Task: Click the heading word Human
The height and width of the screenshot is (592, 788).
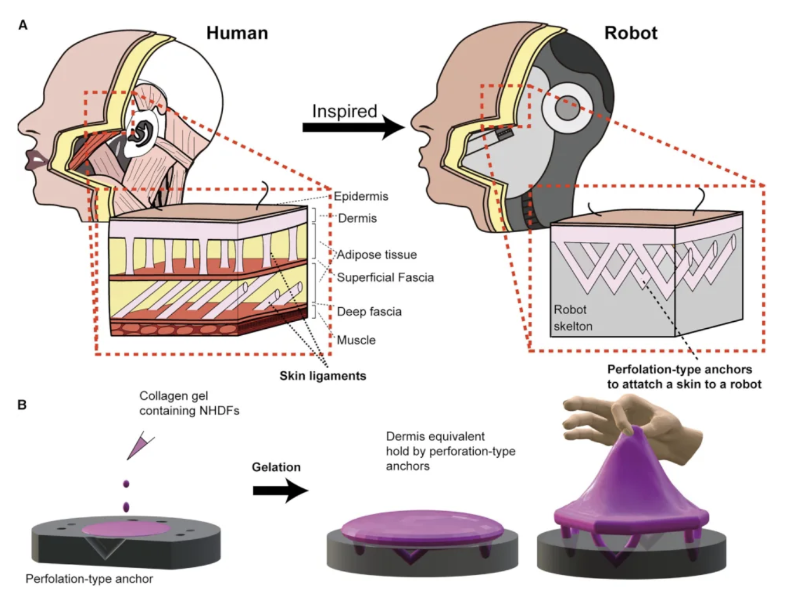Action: pyautogui.click(x=237, y=33)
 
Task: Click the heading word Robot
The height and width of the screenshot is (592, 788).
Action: pyautogui.click(x=630, y=33)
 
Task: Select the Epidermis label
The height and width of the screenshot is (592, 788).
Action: pyautogui.click(x=361, y=196)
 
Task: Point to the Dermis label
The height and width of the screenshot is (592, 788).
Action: pyautogui.click(x=357, y=218)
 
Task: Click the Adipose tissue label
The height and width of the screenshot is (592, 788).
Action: pyautogui.click(x=376, y=254)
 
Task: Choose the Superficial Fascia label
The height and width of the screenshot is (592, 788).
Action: pyautogui.click(x=385, y=277)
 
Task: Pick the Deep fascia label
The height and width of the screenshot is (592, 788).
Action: pyautogui.click(x=369, y=311)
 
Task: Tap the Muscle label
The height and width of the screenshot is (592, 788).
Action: pyautogui.click(x=356, y=340)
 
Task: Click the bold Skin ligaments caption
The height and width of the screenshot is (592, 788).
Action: pyautogui.click(x=322, y=376)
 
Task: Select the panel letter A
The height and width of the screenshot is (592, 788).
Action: pyautogui.click(x=23, y=25)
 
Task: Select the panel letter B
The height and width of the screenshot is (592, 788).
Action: pyautogui.click(x=22, y=404)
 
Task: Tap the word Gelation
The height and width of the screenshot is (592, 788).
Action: pyautogui.click(x=276, y=467)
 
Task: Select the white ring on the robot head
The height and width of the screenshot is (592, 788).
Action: pyautogui.click(x=565, y=108)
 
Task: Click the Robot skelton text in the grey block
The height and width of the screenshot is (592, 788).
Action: pyautogui.click(x=572, y=318)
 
